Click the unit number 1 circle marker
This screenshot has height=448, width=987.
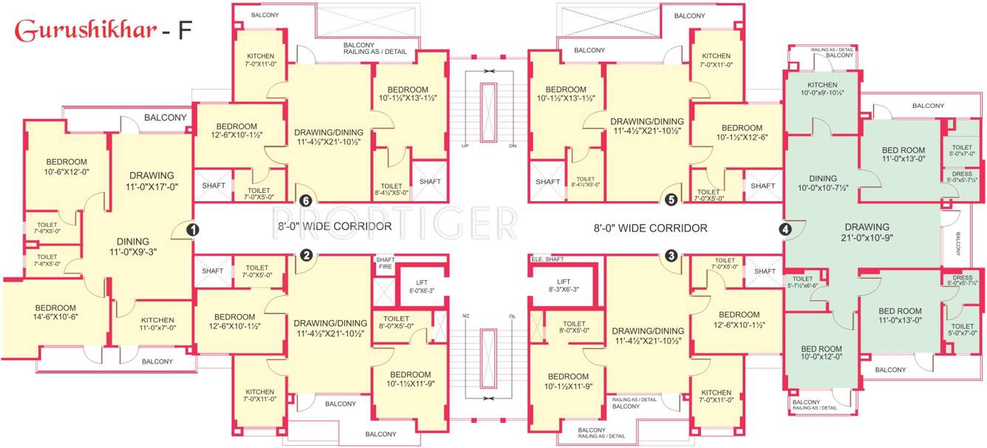pyautogui.click(x=192, y=230)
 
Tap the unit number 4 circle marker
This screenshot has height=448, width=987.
pyautogui.click(x=785, y=230)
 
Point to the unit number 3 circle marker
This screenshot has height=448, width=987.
pyautogui.click(x=671, y=257)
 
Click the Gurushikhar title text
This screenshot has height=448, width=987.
pyautogui.click(x=86, y=30)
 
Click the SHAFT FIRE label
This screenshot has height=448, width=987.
pyautogui.click(x=385, y=263)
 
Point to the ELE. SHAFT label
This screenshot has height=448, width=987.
pyautogui.click(x=547, y=259)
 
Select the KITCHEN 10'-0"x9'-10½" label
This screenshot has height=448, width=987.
pyautogui.click(x=822, y=89)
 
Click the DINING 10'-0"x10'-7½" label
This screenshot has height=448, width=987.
pyautogui.click(x=822, y=183)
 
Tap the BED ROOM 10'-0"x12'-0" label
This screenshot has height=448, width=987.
pyautogui.click(x=822, y=353)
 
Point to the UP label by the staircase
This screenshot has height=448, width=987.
pyautogui.click(x=465, y=146)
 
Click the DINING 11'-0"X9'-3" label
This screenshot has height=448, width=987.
pyautogui.click(x=133, y=246)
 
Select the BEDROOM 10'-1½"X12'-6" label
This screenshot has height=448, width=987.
pyautogui.click(x=742, y=132)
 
